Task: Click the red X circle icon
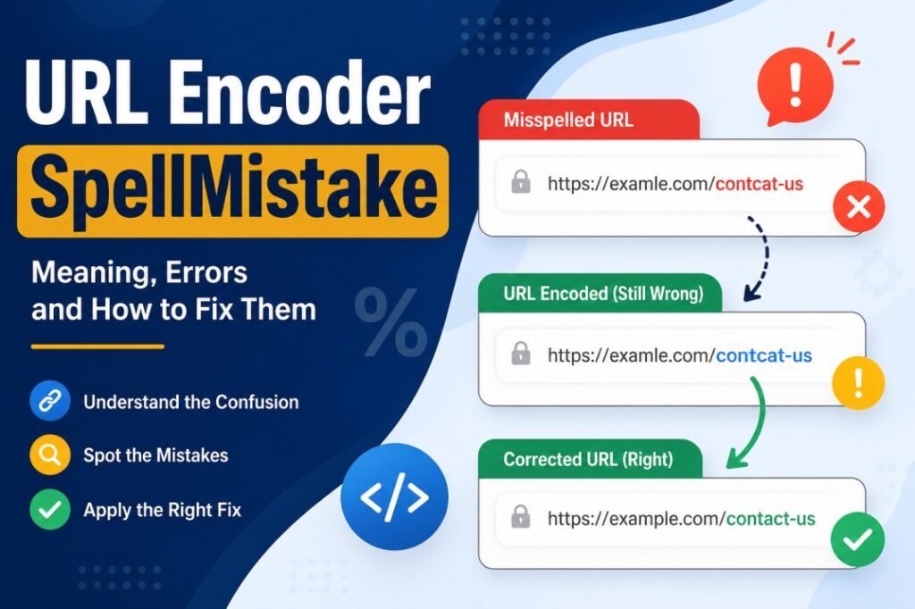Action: point(858,209)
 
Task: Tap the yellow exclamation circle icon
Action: point(858,385)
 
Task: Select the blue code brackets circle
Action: point(394,496)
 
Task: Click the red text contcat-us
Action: point(760,185)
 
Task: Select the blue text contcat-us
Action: point(764,355)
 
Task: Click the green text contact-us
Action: point(770,518)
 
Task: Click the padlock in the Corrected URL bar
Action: point(520,517)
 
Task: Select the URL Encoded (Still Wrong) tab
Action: point(599,293)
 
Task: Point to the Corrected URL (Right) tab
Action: point(588,460)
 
